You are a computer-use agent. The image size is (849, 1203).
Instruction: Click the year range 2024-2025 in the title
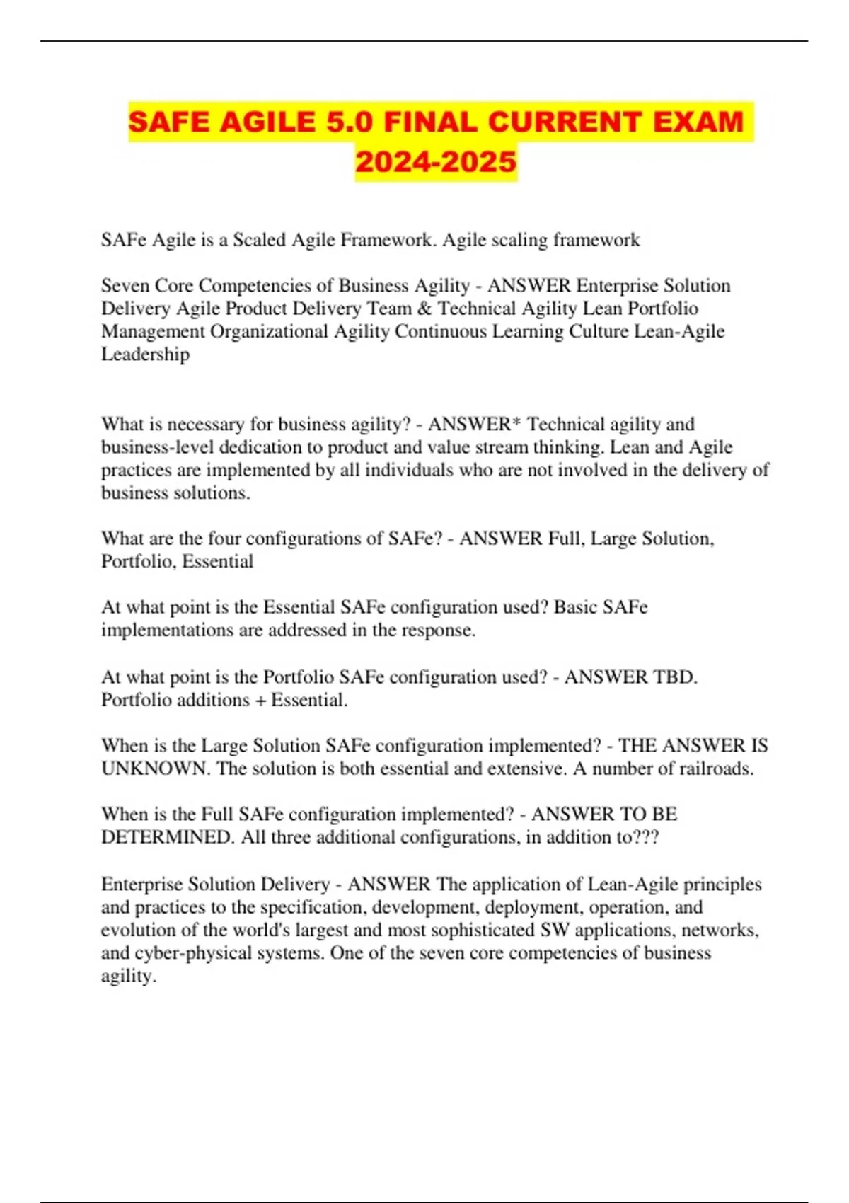click(436, 162)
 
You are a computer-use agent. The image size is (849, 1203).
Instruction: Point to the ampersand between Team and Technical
click(424, 309)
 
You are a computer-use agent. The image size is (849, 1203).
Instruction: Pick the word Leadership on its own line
click(145, 354)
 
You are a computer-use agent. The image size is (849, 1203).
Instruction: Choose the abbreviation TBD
click(675, 677)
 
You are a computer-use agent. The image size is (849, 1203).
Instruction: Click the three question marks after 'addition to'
click(647, 837)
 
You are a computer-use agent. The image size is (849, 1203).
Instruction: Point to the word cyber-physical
click(189, 952)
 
